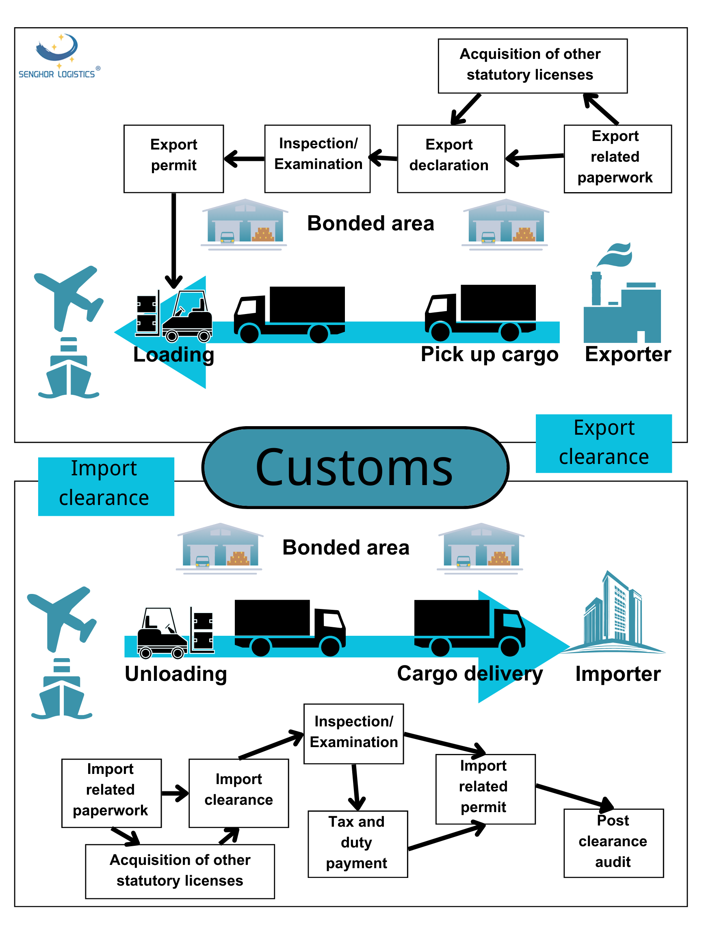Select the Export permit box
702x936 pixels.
click(x=173, y=159)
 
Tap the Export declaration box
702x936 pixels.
click(x=451, y=159)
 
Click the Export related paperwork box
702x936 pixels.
click(x=617, y=159)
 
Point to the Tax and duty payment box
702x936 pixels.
click(x=357, y=843)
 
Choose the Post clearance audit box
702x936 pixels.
click(x=613, y=843)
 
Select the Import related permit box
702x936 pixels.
click(x=485, y=788)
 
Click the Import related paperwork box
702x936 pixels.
click(x=111, y=793)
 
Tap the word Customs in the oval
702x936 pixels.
click(x=355, y=468)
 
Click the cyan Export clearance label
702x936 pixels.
click(x=603, y=443)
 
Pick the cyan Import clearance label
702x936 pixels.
click(x=106, y=486)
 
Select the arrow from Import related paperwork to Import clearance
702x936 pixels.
click(x=174, y=793)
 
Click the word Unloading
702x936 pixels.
click(x=175, y=674)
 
